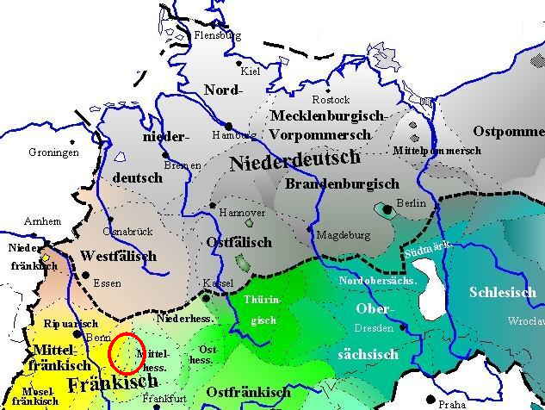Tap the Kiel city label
click(x=251, y=71)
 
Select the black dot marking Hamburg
click(x=229, y=127)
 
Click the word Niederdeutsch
click(x=294, y=159)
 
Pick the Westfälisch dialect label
click(x=118, y=257)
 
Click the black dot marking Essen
click(x=84, y=275)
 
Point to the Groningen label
click(x=53, y=152)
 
